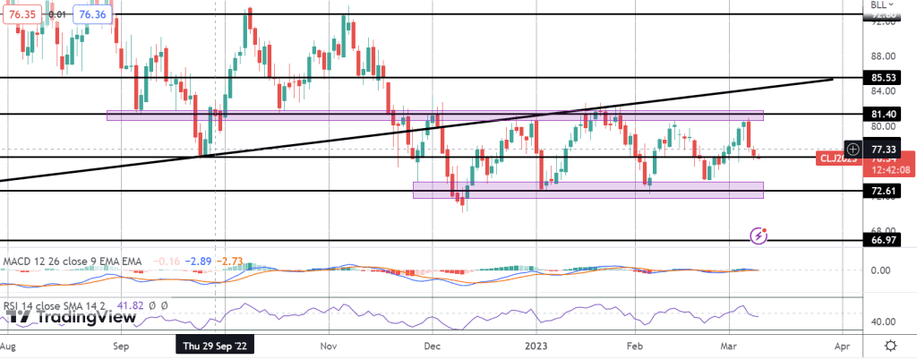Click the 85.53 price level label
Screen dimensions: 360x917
(884, 79)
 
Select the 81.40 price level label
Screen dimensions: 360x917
(884, 115)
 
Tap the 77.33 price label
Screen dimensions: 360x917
(884, 150)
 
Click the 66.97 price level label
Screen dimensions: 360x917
(884, 242)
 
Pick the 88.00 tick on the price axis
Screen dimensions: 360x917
(884, 55)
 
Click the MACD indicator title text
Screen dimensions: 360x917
(72, 261)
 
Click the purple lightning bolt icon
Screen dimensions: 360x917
(759, 235)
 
